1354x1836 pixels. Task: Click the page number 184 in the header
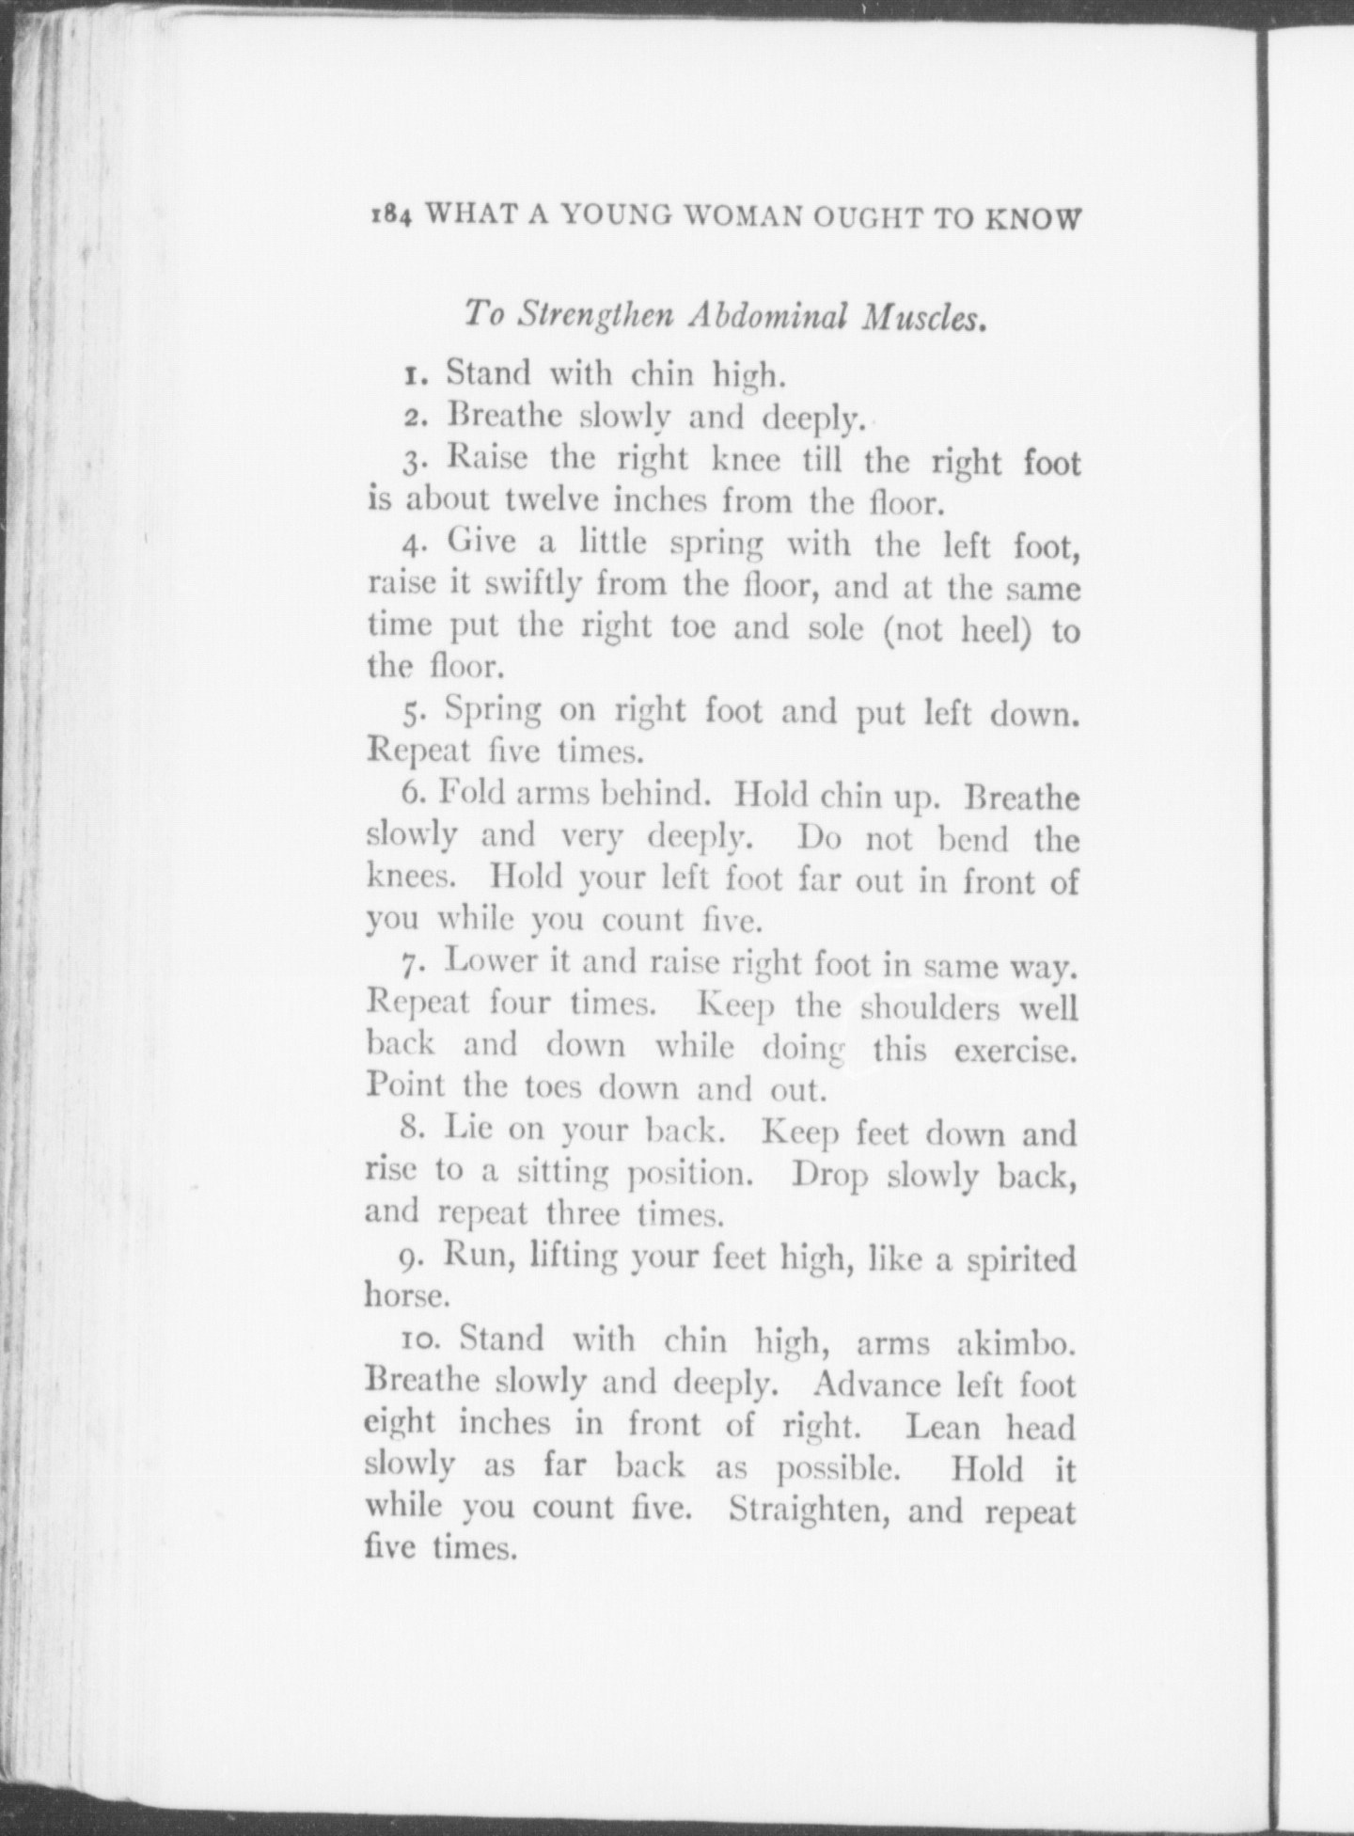(x=390, y=217)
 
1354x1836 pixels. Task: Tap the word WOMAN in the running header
(x=742, y=217)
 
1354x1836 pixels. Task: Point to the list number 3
(x=414, y=461)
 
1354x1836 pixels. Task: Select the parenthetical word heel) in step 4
(x=996, y=628)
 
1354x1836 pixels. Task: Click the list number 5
(x=413, y=712)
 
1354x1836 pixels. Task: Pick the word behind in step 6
(x=655, y=795)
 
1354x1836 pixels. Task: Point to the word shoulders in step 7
(x=930, y=1007)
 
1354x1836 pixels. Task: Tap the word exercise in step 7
(x=1015, y=1050)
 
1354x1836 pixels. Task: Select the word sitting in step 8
(x=562, y=1173)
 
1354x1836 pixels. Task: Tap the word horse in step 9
(x=405, y=1297)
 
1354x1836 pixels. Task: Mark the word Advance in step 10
(x=876, y=1385)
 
